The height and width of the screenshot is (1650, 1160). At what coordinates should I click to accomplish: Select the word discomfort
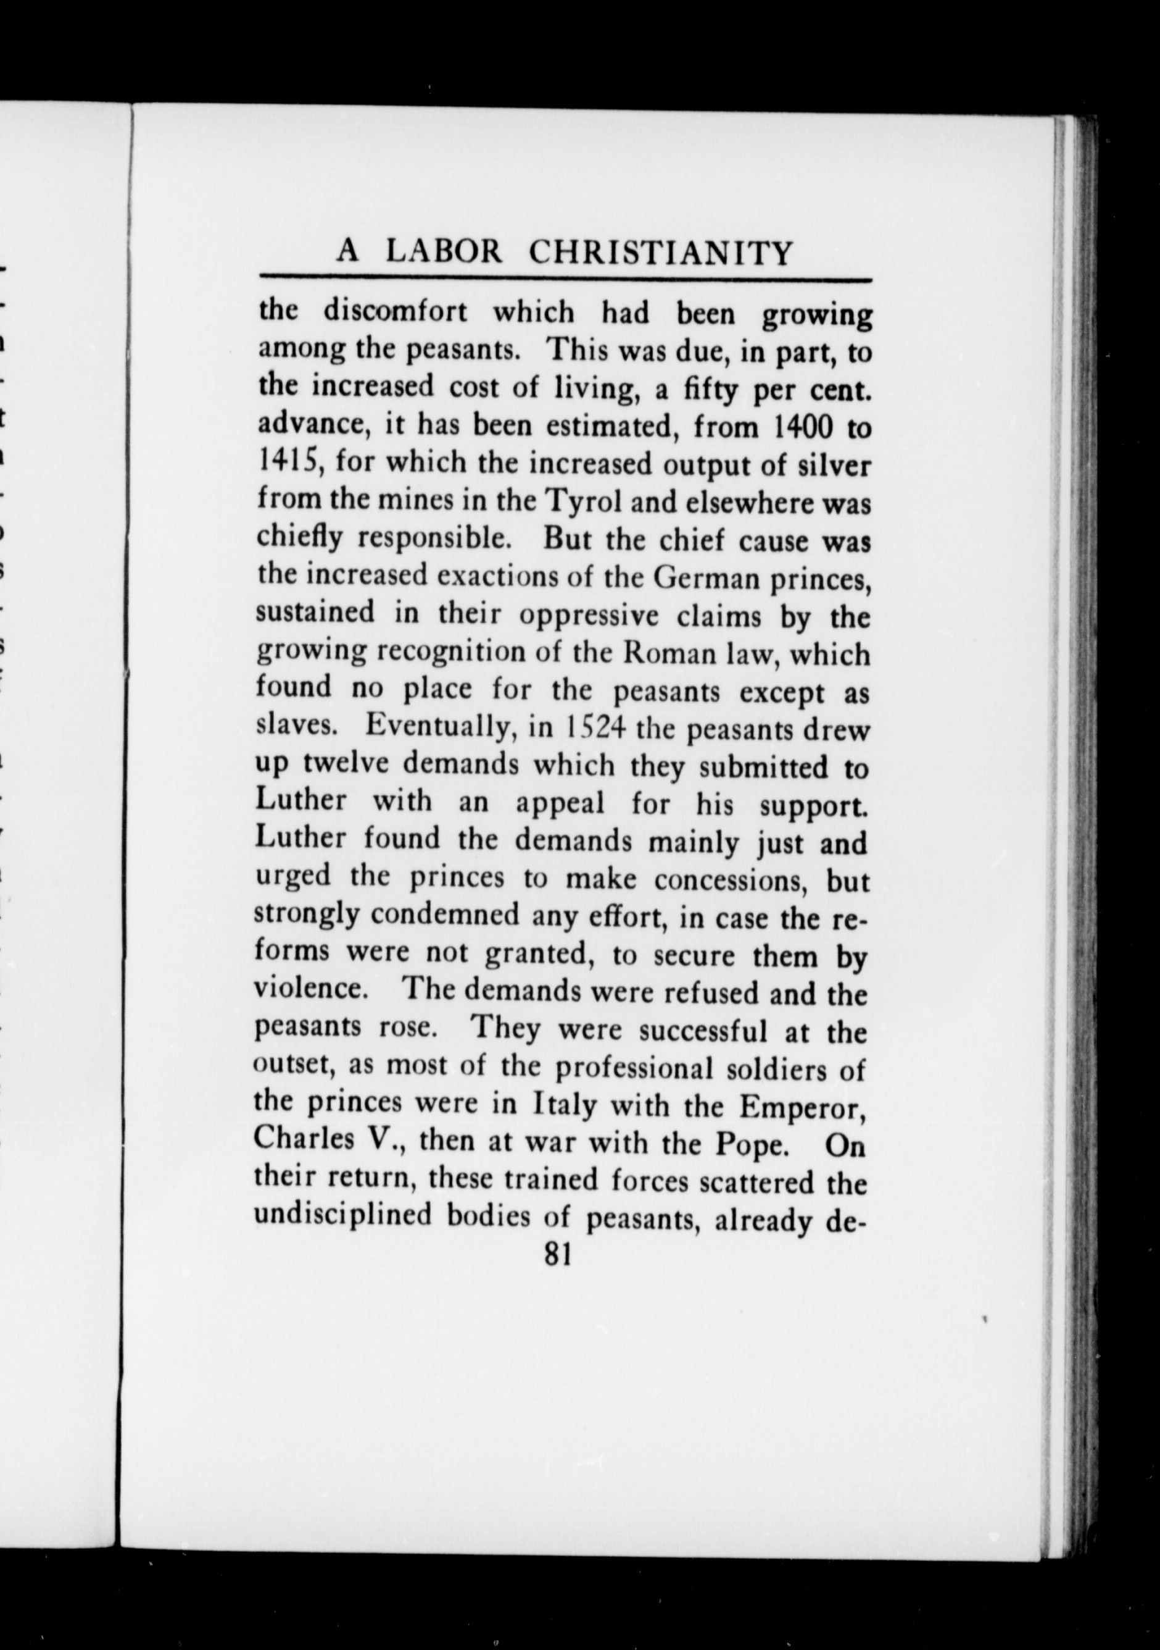(x=395, y=313)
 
